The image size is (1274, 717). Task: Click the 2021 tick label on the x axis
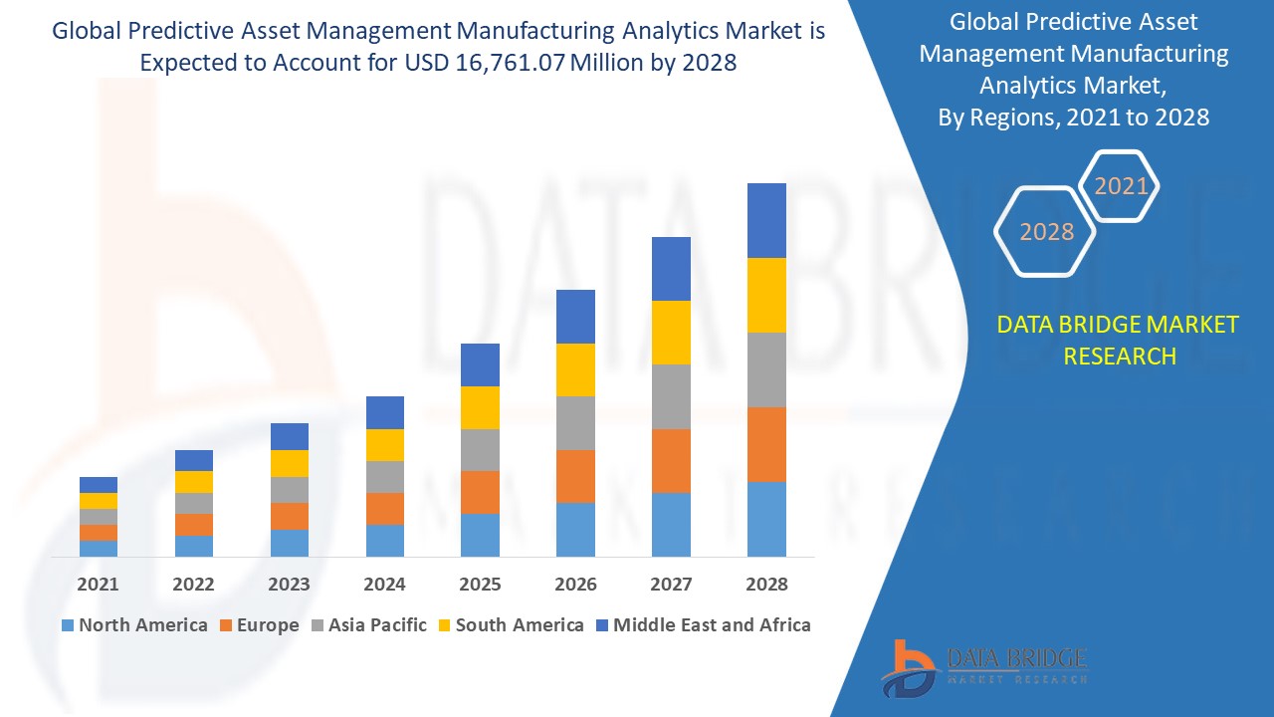pyautogui.click(x=98, y=585)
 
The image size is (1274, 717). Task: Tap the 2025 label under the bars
pyautogui.click(x=480, y=585)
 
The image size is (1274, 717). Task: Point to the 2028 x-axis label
pyautogui.click(x=766, y=585)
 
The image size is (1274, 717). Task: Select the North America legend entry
pyautogui.click(x=134, y=625)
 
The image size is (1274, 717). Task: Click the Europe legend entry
pyautogui.click(x=258, y=625)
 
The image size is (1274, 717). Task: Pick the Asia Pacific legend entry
pyautogui.click(x=368, y=625)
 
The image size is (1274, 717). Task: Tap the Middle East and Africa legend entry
pyautogui.click(x=703, y=625)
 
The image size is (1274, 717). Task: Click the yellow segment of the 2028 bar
pyautogui.click(x=766, y=295)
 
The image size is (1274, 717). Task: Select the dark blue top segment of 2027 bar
pyautogui.click(x=671, y=269)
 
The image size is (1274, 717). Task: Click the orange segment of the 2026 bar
pyautogui.click(x=575, y=476)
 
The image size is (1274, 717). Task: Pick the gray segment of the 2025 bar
pyautogui.click(x=480, y=450)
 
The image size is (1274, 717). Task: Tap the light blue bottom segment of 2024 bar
pyautogui.click(x=384, y=540)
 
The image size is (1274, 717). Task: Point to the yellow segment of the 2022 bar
pyautogui.click(x=193, y=482)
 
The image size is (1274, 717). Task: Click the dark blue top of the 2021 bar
pyautogui.click(x=98, y=485)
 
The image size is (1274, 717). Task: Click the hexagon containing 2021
pyautogui.click(x=1120, y=186)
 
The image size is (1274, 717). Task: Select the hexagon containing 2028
pyautogui.click(x=1045, y=231)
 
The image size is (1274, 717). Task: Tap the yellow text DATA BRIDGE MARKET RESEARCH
pyautogui.click(x=1118, y=340)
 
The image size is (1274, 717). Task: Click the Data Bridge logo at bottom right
pyautogui.click(x=983, y=665)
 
